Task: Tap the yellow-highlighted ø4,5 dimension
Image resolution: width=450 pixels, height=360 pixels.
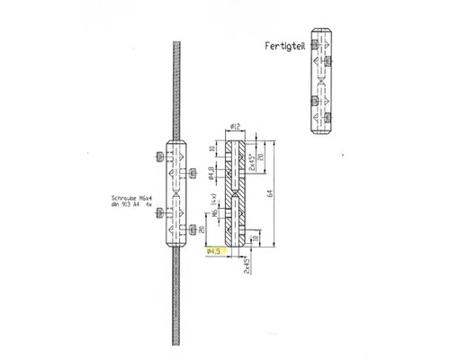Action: [216, 253]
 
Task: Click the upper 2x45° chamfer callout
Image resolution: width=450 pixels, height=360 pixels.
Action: [255, 159]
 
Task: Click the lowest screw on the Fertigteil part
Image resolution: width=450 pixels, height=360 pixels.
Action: [330, 115]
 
